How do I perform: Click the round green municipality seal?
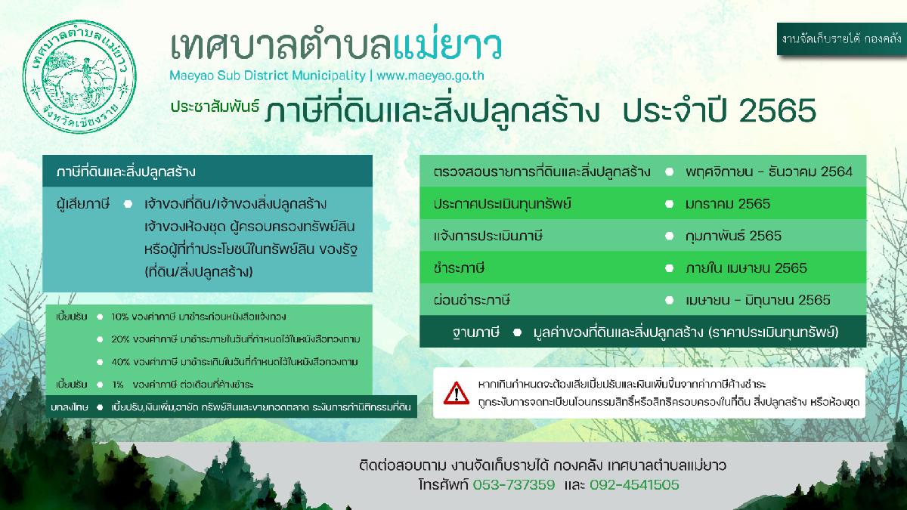coord(79,77)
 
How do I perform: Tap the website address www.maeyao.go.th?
coord(430,76)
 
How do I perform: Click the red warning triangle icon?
coord(457,393)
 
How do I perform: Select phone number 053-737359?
coord(514,484)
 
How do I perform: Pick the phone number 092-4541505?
coord(634,484)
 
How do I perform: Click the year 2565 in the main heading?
coord(778,110)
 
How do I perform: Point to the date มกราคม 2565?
coord(728,203)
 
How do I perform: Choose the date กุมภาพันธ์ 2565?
coord(733,236)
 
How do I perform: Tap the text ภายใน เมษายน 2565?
coord(746,268)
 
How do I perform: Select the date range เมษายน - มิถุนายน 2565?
coord(758,300)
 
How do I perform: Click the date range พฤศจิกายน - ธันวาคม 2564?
coord(769,172)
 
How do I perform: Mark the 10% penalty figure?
coord(120,317)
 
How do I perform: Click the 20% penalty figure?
coord(120,339)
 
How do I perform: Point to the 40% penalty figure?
coord(120,362)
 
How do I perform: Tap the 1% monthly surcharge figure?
coord(118,385)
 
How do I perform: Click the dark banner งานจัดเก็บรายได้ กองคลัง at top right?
coord(841,39)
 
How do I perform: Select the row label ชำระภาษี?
coord(459,268)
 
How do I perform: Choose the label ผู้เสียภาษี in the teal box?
coord(83,203)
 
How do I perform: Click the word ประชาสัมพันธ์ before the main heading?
coord(215,106)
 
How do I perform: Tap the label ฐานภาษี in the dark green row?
coord(475,332)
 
